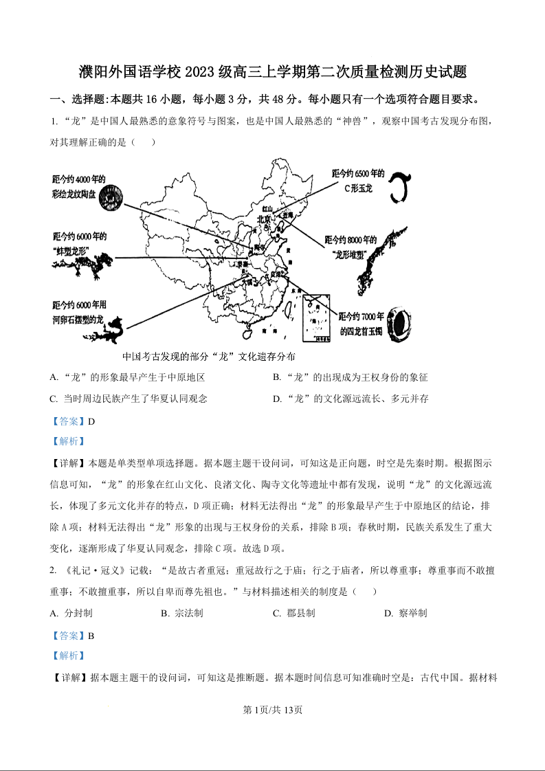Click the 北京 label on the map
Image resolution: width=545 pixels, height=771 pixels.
[x=263, y=220]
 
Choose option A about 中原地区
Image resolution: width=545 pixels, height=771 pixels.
[x=128, y=378]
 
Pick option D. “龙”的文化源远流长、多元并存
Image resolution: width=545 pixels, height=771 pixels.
[x=351, y=399]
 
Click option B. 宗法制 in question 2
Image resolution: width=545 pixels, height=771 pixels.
[x=181, y=613]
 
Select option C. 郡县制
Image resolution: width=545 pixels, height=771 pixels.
[x=293, y=613]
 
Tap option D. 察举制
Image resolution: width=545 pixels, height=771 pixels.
[x=405, y=613]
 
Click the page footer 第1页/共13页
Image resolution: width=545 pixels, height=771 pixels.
[x=273, y=710]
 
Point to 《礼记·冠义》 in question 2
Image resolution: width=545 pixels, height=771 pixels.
[x=93, y=570]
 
